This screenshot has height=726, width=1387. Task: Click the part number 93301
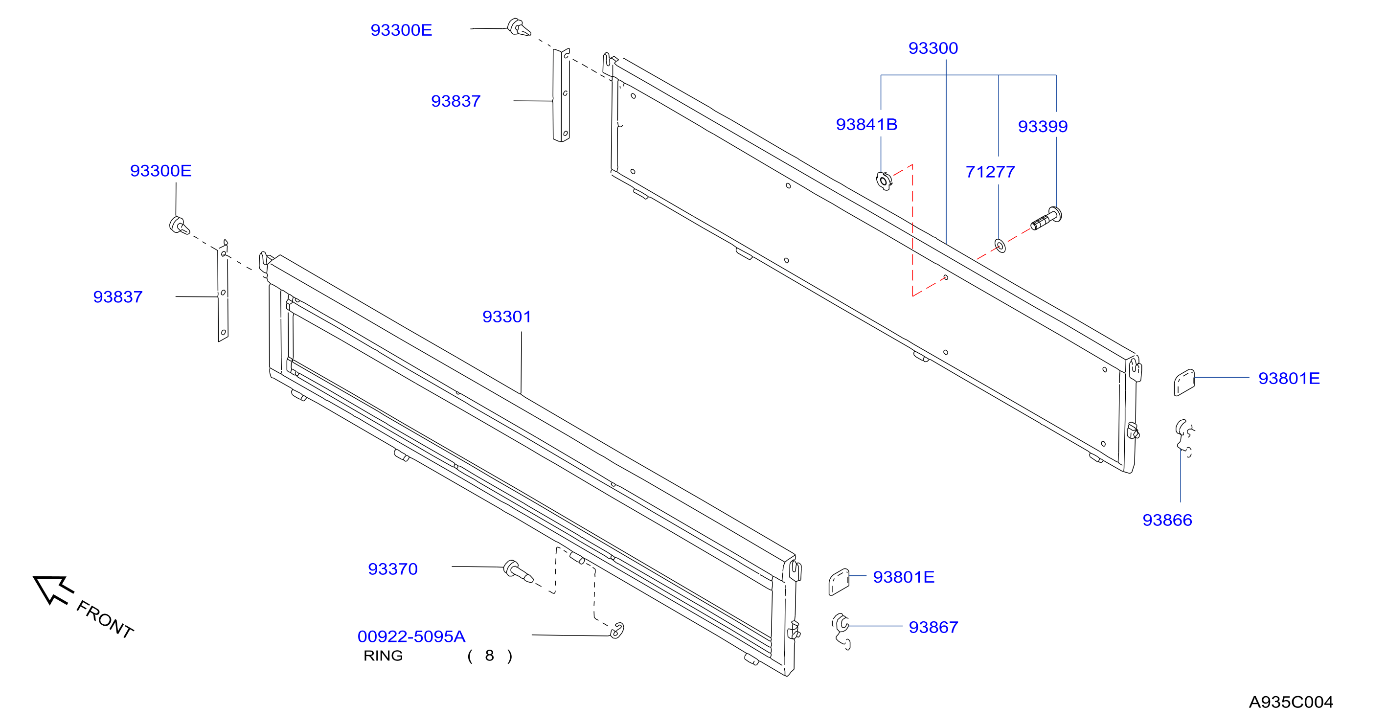click(506, 317)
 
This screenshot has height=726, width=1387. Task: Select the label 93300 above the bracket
click(933, 48)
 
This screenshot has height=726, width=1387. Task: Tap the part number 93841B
click(866, 124)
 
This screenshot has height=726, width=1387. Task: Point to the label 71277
click(990, 172)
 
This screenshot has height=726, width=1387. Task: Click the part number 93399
click(1043, 126)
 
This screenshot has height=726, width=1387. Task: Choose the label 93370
click(392, 569)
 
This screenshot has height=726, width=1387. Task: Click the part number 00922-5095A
click(411, 636)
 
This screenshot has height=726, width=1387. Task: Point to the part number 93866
click(1167, 520)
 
